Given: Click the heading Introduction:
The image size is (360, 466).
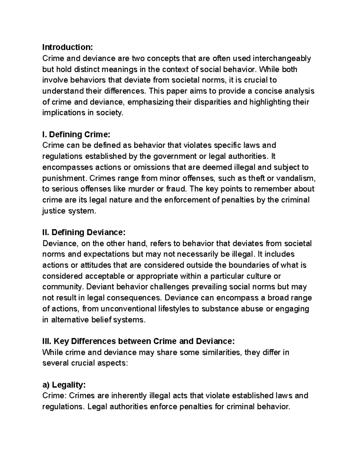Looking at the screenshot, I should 68,47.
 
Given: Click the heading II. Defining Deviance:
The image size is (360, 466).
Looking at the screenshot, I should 83,232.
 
